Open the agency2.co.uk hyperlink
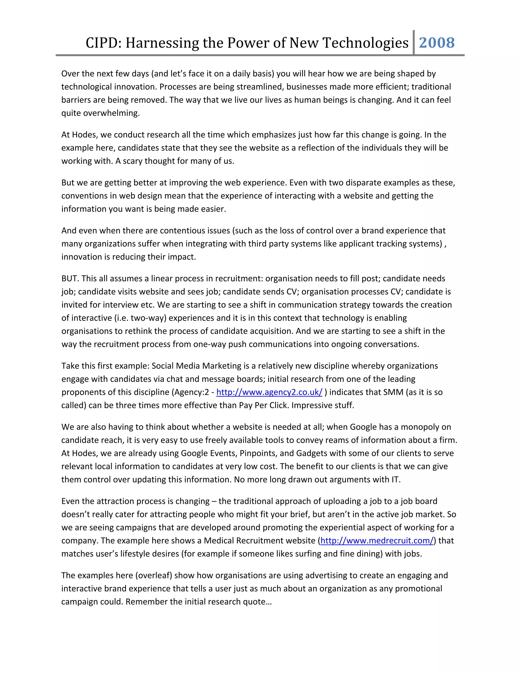point(269,392)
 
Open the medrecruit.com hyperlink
point(377,541)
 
